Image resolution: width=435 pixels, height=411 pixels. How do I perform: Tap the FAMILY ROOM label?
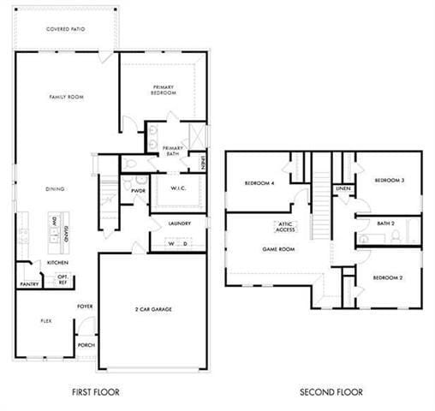[x=65, y=98]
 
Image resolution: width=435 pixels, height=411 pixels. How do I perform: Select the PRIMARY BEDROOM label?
[x=164, y=89]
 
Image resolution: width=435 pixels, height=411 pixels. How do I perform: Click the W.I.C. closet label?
[x=178, y=188]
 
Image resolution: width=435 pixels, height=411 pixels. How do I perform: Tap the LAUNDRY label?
[x=178, y=223]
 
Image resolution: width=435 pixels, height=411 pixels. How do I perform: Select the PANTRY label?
[x=28, y=283]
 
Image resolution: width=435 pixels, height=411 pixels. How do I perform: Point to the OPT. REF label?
[x=63, y=279]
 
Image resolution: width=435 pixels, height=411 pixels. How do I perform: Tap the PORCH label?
[x=86, y=346]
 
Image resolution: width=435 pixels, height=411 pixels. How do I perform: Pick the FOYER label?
[x=85, y=306]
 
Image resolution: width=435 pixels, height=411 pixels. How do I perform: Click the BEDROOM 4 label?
[x=259, y=183]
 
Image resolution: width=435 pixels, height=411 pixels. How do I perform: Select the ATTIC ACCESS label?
[x=285, y=227]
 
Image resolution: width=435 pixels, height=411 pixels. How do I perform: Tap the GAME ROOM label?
[x=278, y=249]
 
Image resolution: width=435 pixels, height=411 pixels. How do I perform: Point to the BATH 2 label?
[x=386, y=223]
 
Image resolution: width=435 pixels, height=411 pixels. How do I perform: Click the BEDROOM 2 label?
[x=388, y=279]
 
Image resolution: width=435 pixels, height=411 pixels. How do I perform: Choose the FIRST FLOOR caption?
[x=95, y=391]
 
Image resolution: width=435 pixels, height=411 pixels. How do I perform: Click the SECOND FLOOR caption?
[x=331, y=391]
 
